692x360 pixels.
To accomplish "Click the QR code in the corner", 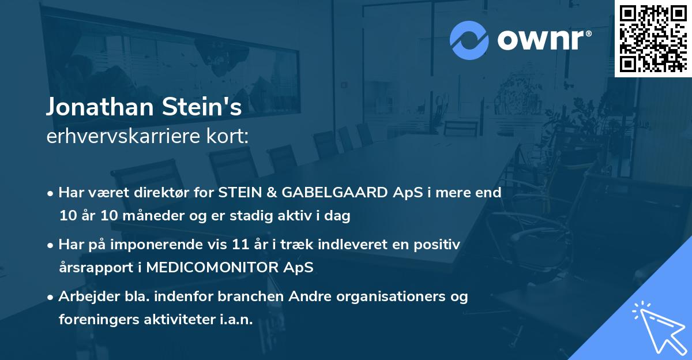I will click(x=653, y=38).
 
